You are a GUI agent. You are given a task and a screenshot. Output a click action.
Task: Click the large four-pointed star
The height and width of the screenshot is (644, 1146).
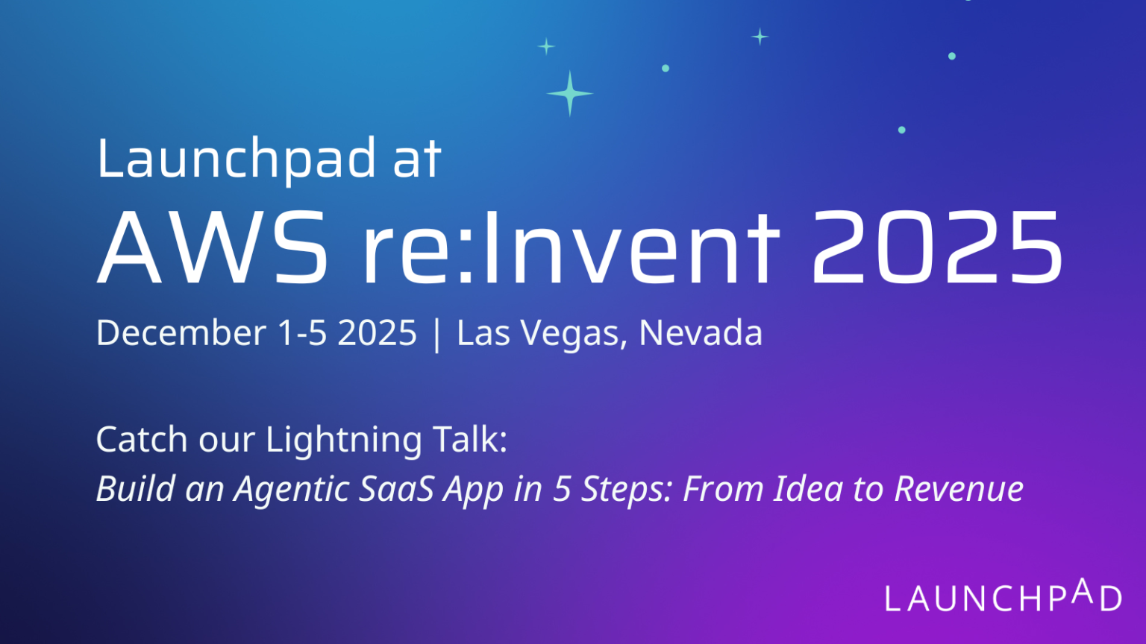click(x=570, y=94)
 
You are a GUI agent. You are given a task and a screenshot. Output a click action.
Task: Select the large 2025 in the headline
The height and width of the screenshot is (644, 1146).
click(x=937, y=247)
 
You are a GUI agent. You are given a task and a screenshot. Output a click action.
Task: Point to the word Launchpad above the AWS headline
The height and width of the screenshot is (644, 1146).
click(x=237, y=159)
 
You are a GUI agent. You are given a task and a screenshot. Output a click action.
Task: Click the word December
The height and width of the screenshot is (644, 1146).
click(x=181, y=332)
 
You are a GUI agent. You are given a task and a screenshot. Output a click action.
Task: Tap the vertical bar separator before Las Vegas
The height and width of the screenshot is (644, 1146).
click(x=437, y=333)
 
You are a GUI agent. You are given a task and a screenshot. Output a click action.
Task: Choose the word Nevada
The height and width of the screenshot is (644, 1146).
click(x=701, y=332)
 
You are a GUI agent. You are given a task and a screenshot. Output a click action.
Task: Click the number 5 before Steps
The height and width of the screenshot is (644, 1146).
click(x=562, y=489)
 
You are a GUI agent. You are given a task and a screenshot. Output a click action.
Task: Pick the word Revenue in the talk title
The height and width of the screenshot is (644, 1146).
click(x=959, y=489)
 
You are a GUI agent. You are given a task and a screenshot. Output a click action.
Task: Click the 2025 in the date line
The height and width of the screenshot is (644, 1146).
click(x=377, y=332)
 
